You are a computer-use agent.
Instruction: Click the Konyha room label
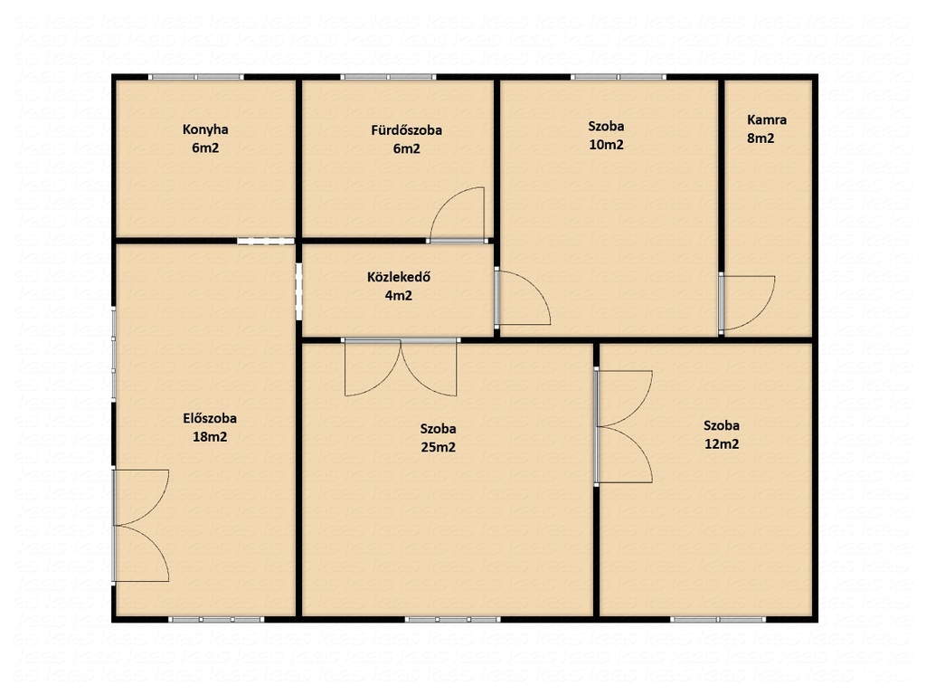click(205, 129)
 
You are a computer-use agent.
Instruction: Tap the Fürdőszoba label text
click(406, 130)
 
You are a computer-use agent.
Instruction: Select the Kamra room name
click(767, 120)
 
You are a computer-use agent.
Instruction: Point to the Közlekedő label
click(399, 277)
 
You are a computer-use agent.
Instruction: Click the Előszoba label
click(210, 418)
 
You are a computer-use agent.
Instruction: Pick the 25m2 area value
click(439, 447)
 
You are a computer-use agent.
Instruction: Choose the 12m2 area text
click(722, 443)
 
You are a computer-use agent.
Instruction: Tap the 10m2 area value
click(607, 145)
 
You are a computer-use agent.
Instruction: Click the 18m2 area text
click(210, 437)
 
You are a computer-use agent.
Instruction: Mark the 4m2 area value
click(399, 296)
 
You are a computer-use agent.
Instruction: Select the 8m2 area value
click(761, 138)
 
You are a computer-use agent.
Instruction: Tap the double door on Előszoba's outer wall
click(140, 526)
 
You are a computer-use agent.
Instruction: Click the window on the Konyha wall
click(195, 77)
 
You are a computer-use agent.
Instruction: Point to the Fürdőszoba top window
click(388, 77)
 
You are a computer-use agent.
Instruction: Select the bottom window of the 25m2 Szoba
click(452, 619)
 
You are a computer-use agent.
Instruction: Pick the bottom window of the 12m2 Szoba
click(718, 619)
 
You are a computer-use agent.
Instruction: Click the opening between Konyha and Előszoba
click(266, 241)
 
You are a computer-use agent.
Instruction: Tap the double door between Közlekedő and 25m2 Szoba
click(401, 367)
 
